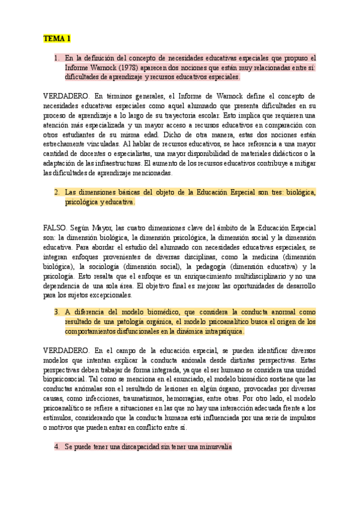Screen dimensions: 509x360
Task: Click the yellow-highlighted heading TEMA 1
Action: coord(57,39)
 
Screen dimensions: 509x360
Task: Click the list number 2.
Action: coord(56,193)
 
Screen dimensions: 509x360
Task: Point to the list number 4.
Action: coord(56,447)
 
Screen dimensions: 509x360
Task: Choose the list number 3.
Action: coord(56,312)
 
